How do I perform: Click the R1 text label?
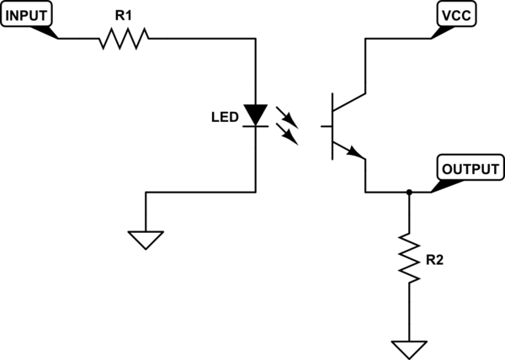coord(124,14)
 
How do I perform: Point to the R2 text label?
coord(433,260)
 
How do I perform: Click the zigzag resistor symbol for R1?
coord(124,39)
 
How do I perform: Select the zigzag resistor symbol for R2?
coord(408,260)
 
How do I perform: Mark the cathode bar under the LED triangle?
coord(254,126)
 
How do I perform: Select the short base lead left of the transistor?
coord(327,125)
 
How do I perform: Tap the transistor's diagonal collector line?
coord(349,100)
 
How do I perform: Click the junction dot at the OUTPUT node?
coord(408,192)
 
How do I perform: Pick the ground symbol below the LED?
coord(146,239)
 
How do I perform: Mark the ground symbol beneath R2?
coord(408,347)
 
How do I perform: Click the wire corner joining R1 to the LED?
coord(254,39)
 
